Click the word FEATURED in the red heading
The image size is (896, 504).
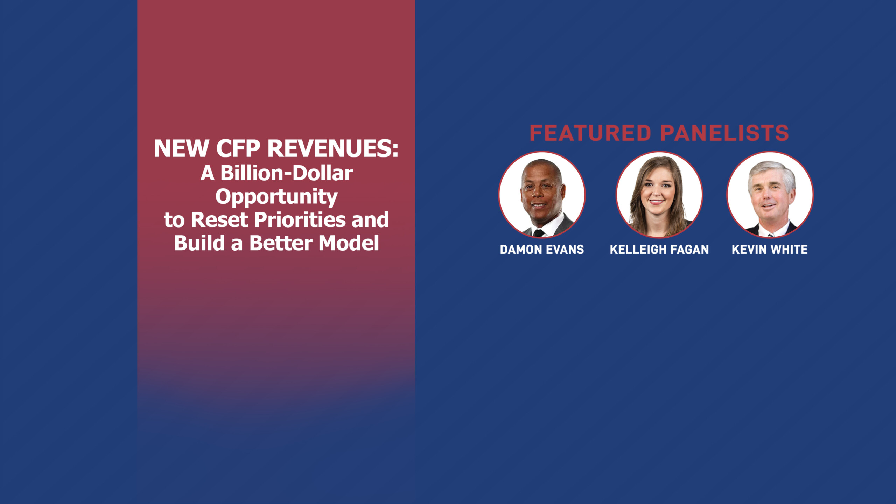click(590, 133)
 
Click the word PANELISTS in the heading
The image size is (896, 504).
click(724, 133)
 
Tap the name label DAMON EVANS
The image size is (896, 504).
click(542, 250)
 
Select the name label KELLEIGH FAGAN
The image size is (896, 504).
click(659, 250)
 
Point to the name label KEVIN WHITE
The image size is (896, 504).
click(770, 250)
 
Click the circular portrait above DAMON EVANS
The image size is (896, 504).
click(542, 195)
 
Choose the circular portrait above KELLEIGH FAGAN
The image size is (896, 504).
click(659, 195)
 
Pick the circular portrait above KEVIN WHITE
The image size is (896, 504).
click(770, 195)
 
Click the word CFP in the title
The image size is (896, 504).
click(238, 148)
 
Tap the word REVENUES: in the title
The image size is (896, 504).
click(333, 148)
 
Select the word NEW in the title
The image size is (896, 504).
click(182, 148)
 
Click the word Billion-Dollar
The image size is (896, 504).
click(287, 173)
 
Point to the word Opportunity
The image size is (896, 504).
click(276, 197)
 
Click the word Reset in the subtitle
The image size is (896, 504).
click(219, 220)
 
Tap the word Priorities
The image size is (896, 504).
click(300, 220)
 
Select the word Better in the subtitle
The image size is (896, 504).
click(281, 243)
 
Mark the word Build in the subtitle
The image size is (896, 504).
click(199, 243)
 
